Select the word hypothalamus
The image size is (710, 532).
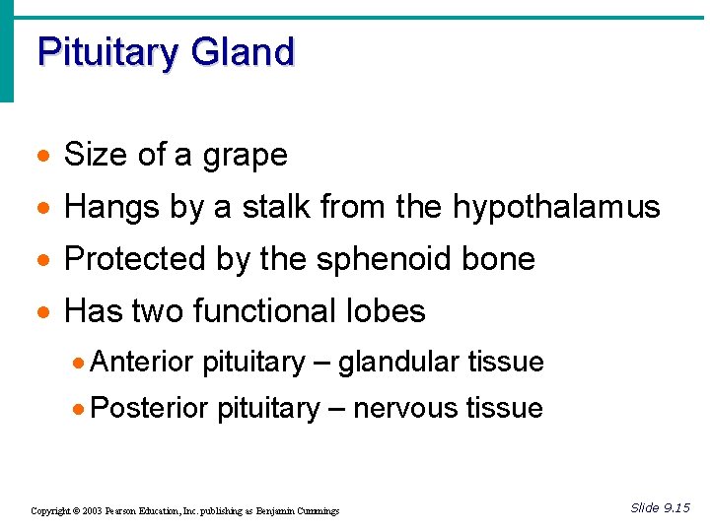pos(556,208)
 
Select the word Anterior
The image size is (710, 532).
pos(142,363)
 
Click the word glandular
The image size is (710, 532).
pos(399,363)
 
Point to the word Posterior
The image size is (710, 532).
pos(149,408)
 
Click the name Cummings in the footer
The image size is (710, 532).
pos(315,511)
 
